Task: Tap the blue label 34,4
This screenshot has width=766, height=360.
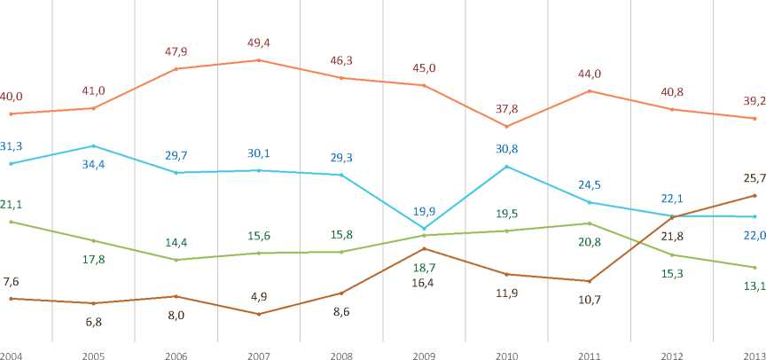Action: (93, 165)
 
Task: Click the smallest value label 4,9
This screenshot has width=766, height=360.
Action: (258, 298)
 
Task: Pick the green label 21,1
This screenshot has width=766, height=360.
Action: (11, 205)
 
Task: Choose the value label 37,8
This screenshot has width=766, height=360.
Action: (505, 109)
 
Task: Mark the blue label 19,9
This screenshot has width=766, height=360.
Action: (423, 211)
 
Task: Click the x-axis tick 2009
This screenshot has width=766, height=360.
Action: (423, 355)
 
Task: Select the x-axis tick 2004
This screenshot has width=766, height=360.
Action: (11, 355)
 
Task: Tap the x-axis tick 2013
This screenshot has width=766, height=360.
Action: (753, 355)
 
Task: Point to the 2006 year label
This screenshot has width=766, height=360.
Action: (176, 355)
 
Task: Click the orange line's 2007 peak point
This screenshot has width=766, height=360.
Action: (258, 60)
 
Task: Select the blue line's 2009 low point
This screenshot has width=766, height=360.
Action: (423, 229)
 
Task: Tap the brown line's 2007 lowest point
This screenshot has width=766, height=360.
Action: (258, 314)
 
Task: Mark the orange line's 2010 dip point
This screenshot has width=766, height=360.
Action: (506, 127)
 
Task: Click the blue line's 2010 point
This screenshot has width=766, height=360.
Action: (506, 167)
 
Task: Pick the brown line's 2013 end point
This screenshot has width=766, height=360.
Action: (754, 195)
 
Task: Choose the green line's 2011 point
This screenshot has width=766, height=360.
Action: (589, 223)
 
